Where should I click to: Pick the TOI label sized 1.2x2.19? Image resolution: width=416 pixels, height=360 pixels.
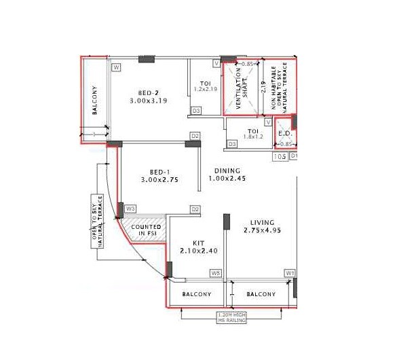coord(204,84)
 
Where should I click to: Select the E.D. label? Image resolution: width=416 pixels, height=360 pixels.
coord(285,133)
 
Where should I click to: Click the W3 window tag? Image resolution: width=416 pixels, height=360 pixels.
coord(130,209)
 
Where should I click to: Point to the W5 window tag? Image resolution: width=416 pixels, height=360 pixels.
coord(215,274)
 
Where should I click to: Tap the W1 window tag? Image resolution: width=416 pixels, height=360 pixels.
coord(290,274)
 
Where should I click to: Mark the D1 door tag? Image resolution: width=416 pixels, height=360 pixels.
coord(295,156)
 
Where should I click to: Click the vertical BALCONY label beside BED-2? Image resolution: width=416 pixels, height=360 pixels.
coord(95,101)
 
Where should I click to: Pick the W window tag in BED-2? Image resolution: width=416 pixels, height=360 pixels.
coord(117,67)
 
